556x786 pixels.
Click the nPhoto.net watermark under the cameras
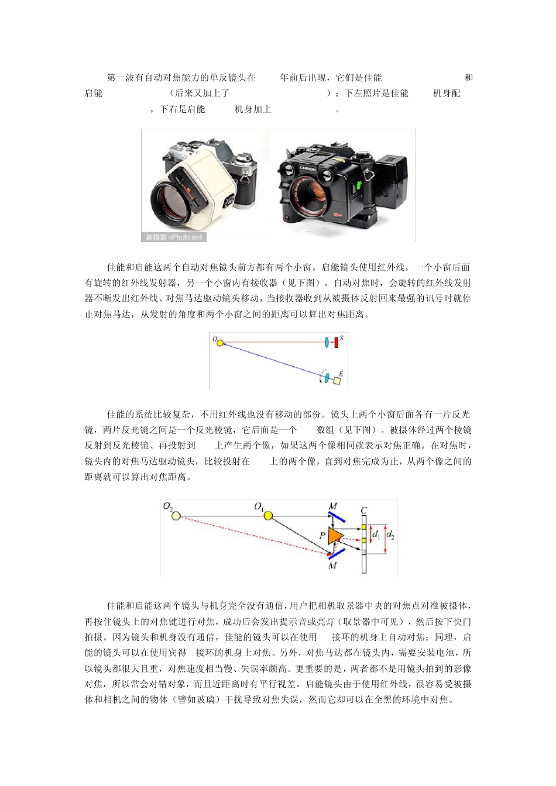coord(174,237)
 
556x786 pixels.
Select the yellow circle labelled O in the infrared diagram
coord(220,342)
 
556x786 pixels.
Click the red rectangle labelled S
coord(337,342)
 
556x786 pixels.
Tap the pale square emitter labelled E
coord(337,381)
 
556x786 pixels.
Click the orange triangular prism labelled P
coord(335,535)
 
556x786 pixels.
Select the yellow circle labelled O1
coord(268,515)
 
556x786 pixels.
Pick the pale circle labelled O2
coord(176,516)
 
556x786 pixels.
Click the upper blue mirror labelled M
coord(336,517)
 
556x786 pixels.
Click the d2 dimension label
coord(390,535)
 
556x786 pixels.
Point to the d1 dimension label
coord(376,534)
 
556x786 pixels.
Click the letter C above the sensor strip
coord(363,510)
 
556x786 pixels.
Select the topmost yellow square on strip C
coord(363,527)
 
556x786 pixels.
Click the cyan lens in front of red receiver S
coord(326,342)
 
